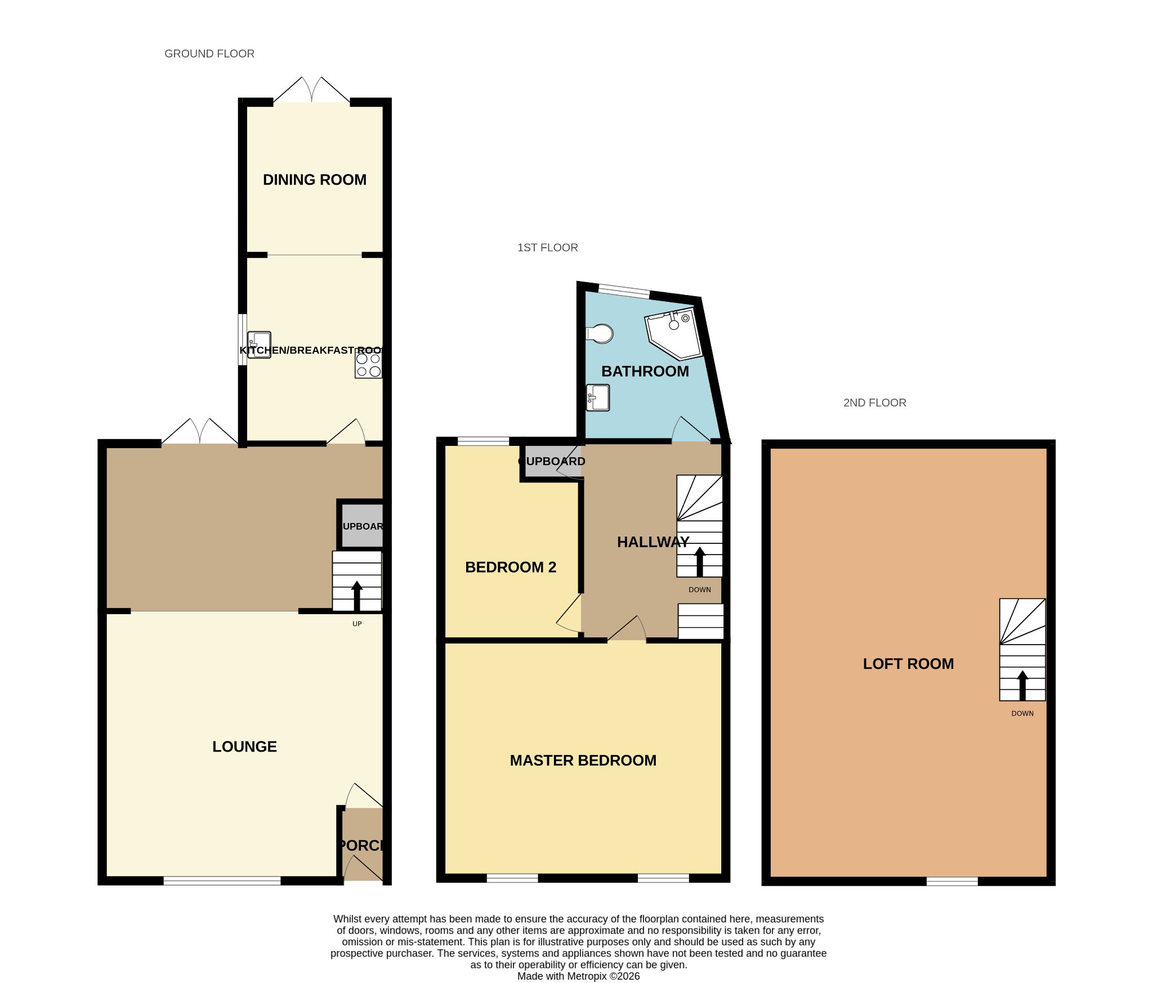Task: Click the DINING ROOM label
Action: point(314,180)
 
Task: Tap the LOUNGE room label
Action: point(244,747)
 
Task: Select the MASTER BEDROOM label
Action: point(583,761)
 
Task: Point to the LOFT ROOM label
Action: point(908,664)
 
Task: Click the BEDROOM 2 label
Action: point(510,567)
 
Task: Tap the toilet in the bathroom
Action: point(600,333)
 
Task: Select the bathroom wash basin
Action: point(598,397)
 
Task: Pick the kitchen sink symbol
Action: point(259,345)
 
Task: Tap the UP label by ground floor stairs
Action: point(357,624)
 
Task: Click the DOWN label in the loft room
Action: point(1022,713)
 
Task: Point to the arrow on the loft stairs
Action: point(1022,685)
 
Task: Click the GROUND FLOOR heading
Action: point(209,53)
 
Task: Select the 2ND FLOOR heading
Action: point(874,403)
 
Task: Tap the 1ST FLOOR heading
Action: point(547,248)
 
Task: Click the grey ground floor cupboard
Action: point(362,526)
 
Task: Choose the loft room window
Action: point(952,881)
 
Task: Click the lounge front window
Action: point(222,881)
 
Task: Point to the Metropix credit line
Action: point(578,976)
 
